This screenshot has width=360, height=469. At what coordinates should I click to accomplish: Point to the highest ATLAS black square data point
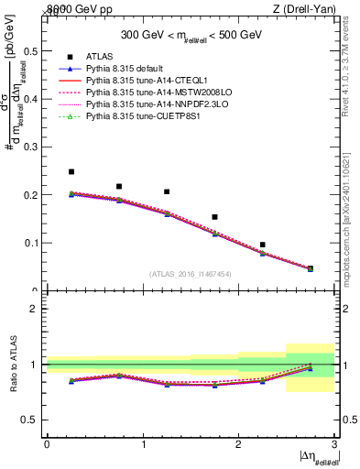(x=71, y=171)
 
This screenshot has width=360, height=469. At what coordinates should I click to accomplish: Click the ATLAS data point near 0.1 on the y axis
(x=263, y=245)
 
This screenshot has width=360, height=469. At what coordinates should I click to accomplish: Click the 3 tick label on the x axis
(x=334, y=443)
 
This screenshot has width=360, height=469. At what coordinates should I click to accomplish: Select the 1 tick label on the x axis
(x=143, y=443)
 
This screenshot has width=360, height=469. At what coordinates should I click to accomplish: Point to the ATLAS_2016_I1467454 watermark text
(x=191, y=273)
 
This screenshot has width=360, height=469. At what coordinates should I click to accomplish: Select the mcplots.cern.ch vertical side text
(x=353, y=211)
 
